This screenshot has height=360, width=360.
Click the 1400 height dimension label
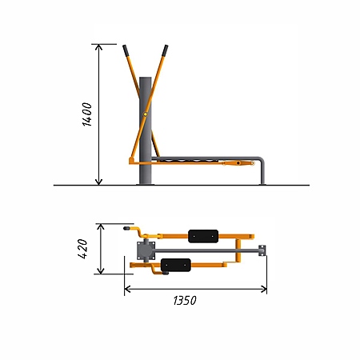[x=87, y=114]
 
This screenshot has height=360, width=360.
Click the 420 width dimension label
[x=82, y=249]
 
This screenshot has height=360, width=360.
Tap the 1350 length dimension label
[x=185, y=301]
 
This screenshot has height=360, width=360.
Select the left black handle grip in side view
[x=126, y=50]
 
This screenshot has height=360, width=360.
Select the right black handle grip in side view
[x=165, y=50]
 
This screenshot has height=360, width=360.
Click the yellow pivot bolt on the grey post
[x=145, y=114]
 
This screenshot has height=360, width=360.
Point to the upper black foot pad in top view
[x=203, y=236]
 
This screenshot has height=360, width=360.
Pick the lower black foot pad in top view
[x=176, y=265]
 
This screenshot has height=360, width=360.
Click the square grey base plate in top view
[x=146, y=250]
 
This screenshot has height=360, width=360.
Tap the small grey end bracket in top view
[x=262, y=250]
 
